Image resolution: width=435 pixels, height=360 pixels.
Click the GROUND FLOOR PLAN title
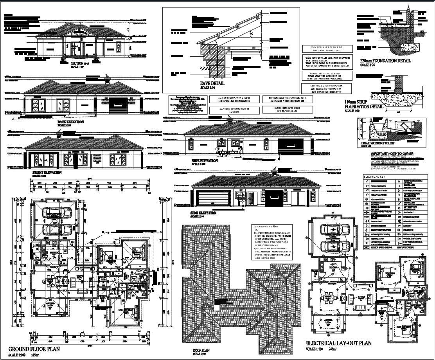(x=34, y=349)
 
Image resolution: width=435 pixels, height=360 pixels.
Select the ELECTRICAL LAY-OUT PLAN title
(x=338, y=343)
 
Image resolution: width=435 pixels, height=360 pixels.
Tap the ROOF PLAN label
(x=202, y=351)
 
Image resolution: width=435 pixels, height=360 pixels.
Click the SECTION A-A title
(x=80, y=63)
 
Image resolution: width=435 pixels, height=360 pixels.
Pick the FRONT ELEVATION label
(x=47, y=172)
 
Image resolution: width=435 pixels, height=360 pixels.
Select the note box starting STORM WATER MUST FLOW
(x=327, y=49)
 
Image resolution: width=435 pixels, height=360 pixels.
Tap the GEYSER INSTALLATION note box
(x=326, y=88)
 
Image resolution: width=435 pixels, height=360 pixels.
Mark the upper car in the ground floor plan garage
(x=57, y=213)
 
